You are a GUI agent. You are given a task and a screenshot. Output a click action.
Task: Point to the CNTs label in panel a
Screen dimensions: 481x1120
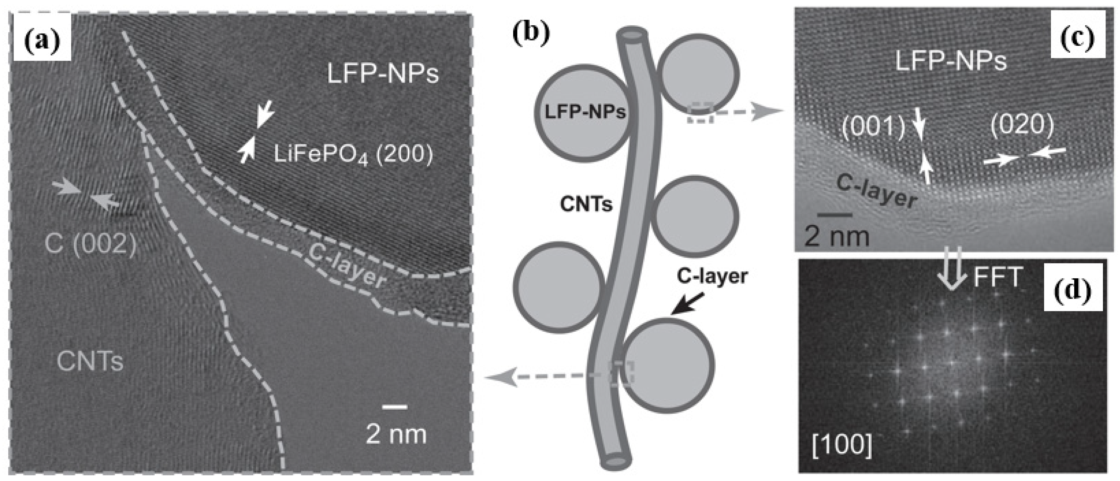[x=90, y=361]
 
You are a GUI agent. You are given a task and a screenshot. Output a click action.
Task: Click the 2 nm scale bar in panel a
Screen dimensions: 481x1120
[x=395, y=407]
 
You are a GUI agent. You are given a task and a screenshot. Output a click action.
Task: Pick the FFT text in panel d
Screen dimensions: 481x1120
[x=997, y=278]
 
